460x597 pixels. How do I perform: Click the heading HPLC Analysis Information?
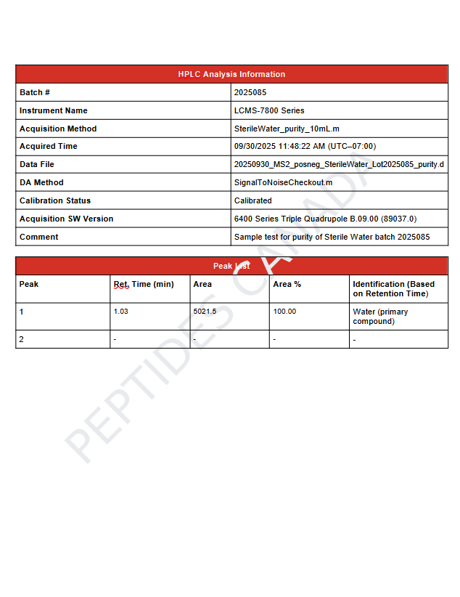click(231, 74)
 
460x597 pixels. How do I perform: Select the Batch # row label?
click(35, 92)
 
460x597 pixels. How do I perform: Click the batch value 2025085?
click(250, 92)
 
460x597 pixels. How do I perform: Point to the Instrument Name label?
click(54, 110)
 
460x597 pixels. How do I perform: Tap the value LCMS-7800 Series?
click(269, 110)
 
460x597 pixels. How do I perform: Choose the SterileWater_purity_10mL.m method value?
click(287, 129)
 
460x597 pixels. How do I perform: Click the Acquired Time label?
click(49, 146)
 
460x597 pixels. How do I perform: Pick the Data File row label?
click(37, 164)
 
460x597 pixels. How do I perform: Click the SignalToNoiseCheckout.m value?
click(283, 182)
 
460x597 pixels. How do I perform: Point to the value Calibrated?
click(253, 200)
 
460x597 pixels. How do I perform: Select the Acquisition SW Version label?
click(67, 219)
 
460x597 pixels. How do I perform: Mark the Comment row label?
click(39, 237)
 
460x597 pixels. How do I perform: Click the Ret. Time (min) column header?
click(144, 284)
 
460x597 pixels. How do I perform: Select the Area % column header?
click(287, 284)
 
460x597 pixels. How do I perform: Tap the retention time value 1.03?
click(121, 312)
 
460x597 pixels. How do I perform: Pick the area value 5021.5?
click(205, 312)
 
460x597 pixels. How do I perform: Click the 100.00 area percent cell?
click(284, 312)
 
